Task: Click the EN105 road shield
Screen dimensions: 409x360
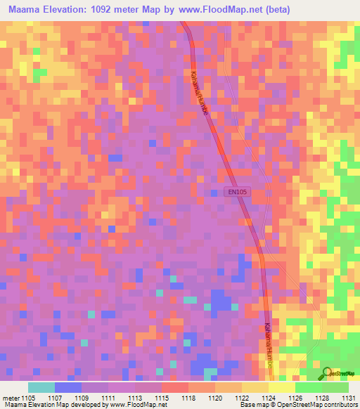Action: (x=237, y=191)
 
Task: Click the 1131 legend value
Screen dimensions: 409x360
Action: (x=349, y=398)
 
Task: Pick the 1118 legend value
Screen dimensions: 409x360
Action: (x=189, y=398)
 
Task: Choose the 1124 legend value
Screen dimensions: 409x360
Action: (x=269, y=398)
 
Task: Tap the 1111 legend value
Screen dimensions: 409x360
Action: (x=109, y=398)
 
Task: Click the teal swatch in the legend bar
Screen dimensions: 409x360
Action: (x=41, y=387)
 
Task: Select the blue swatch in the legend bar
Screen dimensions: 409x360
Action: (x=67, y=387)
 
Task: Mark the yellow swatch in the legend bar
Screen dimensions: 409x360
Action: (x=282, y=387)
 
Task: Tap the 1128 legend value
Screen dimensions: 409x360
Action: (x=323, y=398)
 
